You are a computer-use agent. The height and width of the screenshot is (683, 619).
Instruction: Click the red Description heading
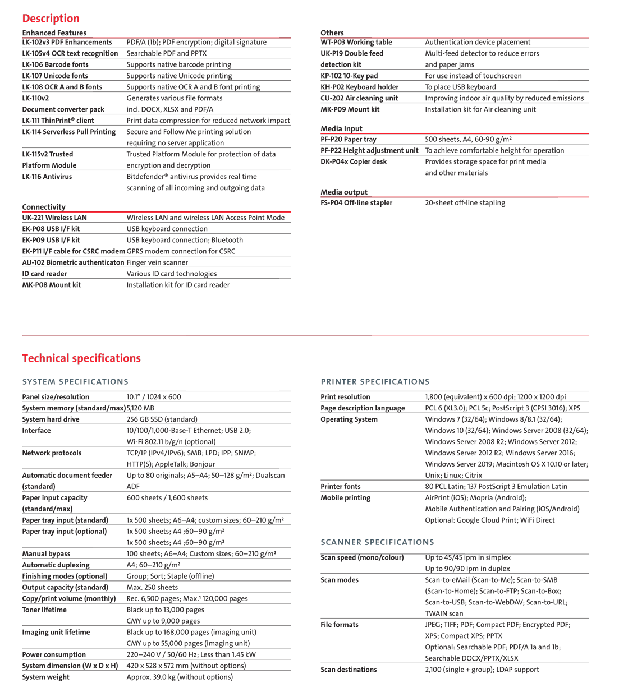click(x=51, y=18)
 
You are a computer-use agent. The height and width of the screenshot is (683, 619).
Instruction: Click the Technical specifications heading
click(x=81, y=358)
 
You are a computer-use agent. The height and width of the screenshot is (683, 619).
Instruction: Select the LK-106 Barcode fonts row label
click(x=55, y=64)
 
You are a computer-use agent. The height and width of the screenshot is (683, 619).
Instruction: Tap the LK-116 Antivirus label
click(x=47, y=177)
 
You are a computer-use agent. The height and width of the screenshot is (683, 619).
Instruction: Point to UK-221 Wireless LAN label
click(x=54, y=218)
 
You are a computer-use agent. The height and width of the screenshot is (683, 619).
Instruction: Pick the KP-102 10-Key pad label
click(x=349, y=76)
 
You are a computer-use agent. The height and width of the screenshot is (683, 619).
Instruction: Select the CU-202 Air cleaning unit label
click(x=359, y=98)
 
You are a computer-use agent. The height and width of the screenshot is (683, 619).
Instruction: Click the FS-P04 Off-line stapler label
click(x=356, y=203)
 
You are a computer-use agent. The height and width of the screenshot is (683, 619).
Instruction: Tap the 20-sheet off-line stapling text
click(x=465, y=203)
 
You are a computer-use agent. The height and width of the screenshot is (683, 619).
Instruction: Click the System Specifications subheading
click(x=75, y=382)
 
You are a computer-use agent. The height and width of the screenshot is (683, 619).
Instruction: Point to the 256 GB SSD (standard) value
click(x=162, y=419)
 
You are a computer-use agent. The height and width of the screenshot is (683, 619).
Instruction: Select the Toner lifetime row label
click(x=44, y=610)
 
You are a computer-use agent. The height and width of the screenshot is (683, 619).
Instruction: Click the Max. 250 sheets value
click(x=152, y=587)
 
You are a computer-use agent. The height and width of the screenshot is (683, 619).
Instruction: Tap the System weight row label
click(x=45, y=677)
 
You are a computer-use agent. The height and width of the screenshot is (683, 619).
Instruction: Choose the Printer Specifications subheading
click(x=375, y=382)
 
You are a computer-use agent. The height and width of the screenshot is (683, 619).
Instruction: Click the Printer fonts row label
click(x=341, y=486)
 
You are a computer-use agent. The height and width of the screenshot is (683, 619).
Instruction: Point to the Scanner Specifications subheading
click(x=377, y=542)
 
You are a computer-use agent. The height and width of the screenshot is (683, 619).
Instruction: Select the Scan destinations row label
click(x=349, y=670)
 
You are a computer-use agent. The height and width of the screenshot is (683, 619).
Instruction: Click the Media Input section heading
click(x=341, y=128)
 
